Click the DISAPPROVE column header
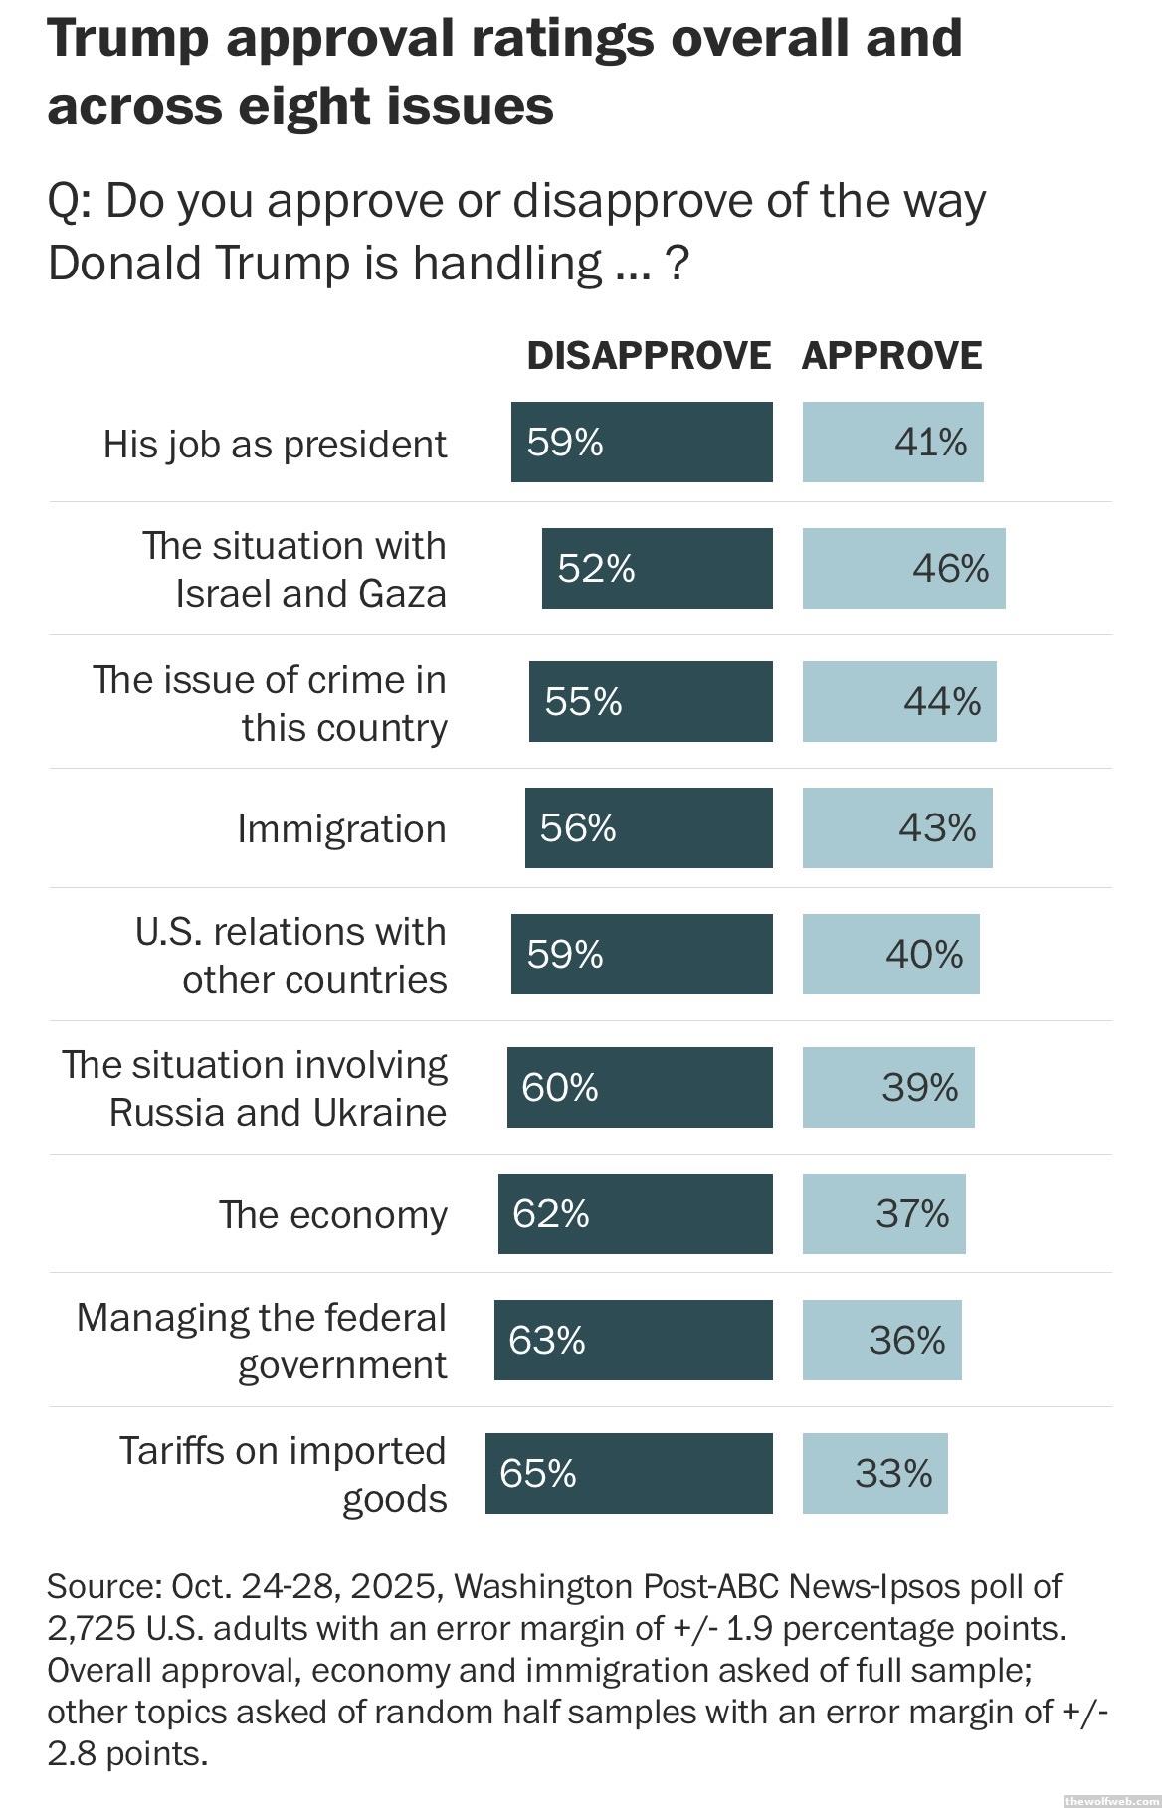(649, 356)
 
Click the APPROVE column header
(891, 356)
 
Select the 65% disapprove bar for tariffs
(629, 1473)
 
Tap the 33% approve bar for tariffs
(875, 1473)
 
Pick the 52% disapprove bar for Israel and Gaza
(657, 568)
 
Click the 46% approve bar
(903, 568)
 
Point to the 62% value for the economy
(551, 1213)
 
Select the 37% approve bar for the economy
(883, 1213)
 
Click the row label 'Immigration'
(341, 828)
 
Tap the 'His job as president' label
(275, 444)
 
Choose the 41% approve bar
(892, 443)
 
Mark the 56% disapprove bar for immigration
(649, 827)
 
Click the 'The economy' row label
(333, 1214)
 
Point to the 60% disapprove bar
(640, 1087)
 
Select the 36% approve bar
(881, 1340)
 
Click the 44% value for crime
(941, 702)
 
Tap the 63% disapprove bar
(633, 1340)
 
